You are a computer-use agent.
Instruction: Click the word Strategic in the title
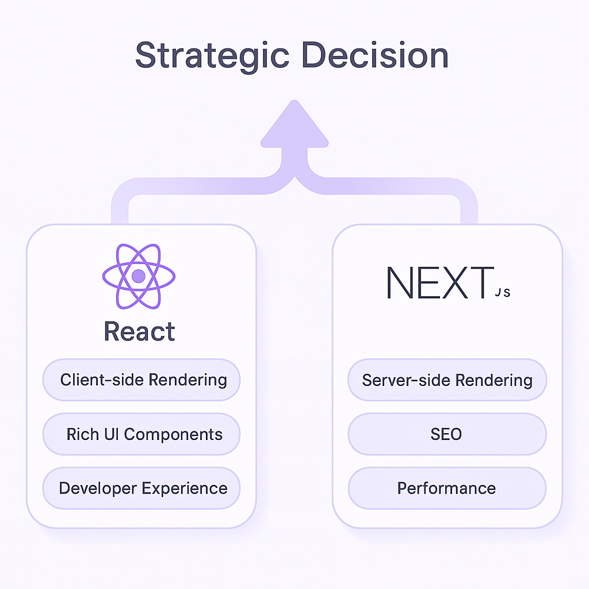tap(212, 56)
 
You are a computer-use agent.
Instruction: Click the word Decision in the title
tap(375, 56)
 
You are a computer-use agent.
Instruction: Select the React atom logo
tap(139, 276)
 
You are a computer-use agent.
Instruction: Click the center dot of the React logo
tap(139, 276)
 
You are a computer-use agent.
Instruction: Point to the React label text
tap(139, 332)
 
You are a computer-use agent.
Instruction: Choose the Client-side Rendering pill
tap(142, 380)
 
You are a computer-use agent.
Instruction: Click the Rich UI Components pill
tap(142, 434)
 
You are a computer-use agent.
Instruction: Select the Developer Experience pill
tap(142, 488)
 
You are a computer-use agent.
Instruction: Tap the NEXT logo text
tap(440, 283)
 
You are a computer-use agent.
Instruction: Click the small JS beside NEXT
tap(502, 293)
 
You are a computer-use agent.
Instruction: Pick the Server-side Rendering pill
tap(447, 380)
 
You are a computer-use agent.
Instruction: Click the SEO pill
tap(446, 434)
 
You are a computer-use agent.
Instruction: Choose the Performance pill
tap(446, 488)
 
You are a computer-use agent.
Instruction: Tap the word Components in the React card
tap(173, 434)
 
